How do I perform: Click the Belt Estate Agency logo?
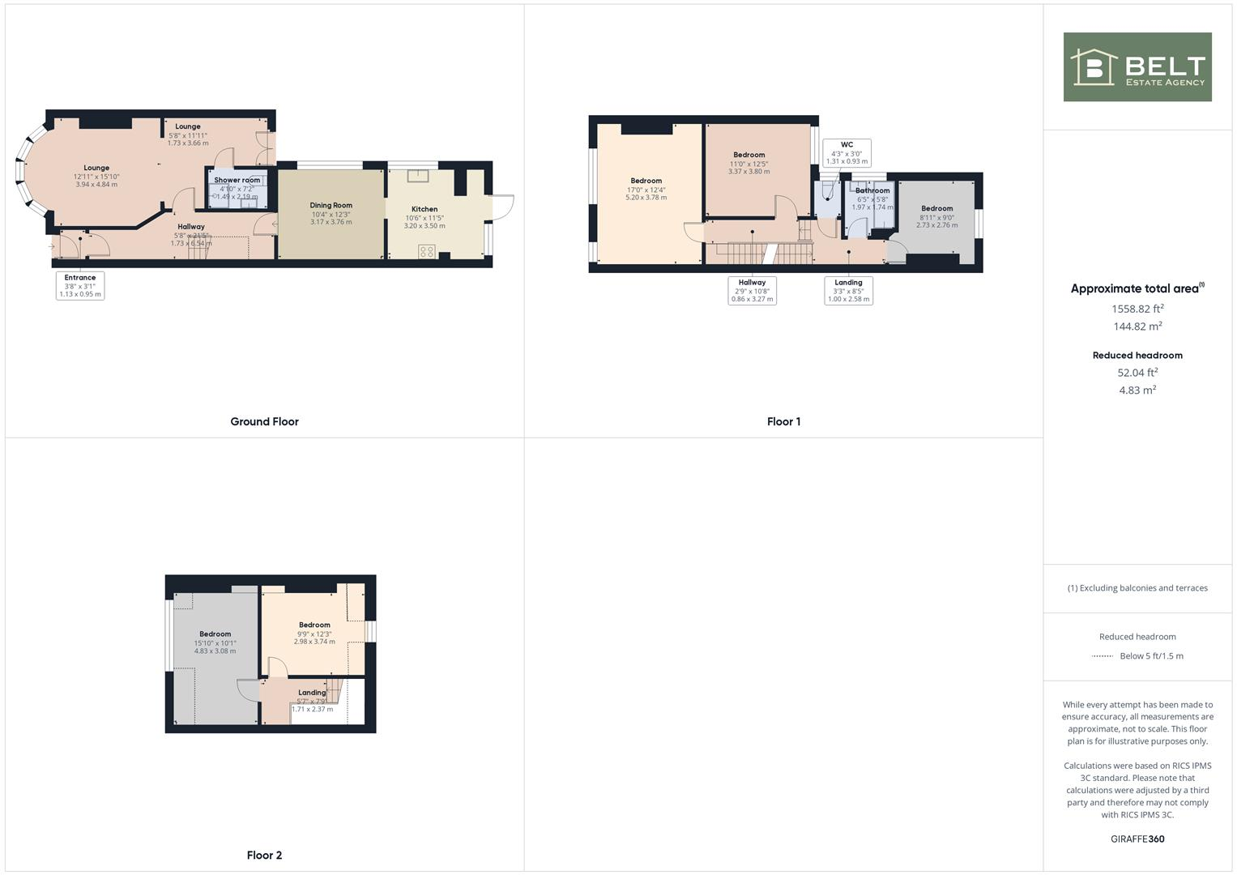pos(1137,67)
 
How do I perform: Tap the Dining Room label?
pos(331,213)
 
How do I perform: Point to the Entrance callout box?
pos(80,285)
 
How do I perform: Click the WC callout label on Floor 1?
pos(847,152)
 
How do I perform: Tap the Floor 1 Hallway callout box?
pos(752,290)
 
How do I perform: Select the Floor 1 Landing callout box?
pos(848,290)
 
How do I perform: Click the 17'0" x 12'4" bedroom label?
pos(646,189)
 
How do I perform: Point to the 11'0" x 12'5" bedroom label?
pos(749,163)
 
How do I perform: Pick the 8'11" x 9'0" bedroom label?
pos(936,216)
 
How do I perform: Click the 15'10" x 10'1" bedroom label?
pos(215,642)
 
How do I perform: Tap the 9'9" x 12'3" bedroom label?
pos(314,633)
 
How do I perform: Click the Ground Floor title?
pos(264,421)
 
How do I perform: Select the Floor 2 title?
pos(264,855)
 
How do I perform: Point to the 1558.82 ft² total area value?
pos(1137,309)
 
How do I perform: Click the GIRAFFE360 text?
pos(1137,839)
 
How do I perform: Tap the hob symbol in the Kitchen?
pos(427,252)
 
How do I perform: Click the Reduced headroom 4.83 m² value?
pos(1137,390)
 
